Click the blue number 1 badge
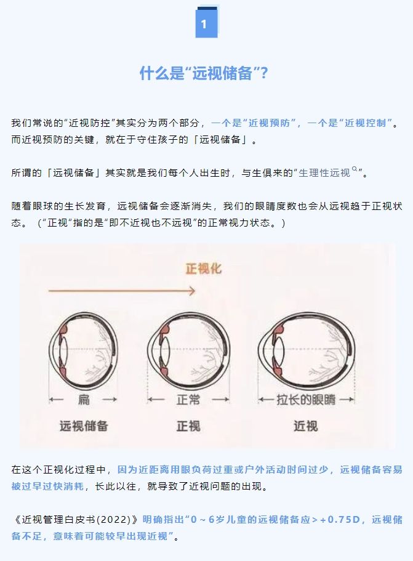[206, 22]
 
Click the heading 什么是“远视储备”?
[204, 73]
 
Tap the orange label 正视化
[204, 268]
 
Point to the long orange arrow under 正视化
[122, 291]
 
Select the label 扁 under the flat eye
[84, 399]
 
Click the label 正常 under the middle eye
[188, 399]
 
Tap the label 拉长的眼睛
[306, 399]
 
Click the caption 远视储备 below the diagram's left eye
[84, 426]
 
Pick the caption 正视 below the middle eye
[188, 426]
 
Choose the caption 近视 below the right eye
[306, 426]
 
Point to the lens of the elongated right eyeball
[279, 349]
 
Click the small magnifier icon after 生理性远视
[355, 169]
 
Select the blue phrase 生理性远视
[324, 173]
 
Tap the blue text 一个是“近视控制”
[350, 123]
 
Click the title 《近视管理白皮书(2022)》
[75, 520]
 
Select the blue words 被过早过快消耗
[47, 486]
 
